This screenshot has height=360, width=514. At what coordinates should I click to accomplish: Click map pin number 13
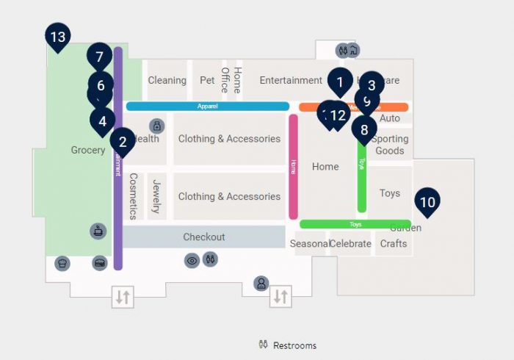click(57, 37)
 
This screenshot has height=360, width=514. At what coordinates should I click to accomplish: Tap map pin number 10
click(427, 201)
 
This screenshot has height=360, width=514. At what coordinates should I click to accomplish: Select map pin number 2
click(123, 142)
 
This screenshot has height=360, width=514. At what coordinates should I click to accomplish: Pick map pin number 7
click(99, 57)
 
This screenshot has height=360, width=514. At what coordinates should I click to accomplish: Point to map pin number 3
click(372, 85)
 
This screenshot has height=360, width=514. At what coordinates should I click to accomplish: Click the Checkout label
click(203, 237)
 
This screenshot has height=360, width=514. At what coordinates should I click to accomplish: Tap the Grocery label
click(88, 151)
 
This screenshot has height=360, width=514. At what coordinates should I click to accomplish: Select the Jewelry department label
click(156, 196)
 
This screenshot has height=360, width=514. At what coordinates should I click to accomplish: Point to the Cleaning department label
click(167, 81)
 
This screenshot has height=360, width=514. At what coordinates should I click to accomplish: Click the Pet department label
click(207, 81)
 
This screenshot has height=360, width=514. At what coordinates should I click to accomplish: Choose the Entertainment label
click(291, 81)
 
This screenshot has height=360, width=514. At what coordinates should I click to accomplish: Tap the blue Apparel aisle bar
click(208, 107)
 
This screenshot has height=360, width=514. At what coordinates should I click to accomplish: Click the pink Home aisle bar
click(293, 165)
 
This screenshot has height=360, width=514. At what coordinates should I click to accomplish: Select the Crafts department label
click(394, 244)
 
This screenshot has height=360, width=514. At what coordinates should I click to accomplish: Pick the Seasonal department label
click(308, 244)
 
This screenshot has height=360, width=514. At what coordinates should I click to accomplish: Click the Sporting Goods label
click(390, 145)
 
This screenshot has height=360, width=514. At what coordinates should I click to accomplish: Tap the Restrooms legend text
click(294, 345)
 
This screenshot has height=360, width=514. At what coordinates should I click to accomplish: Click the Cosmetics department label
click(133, 196)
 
